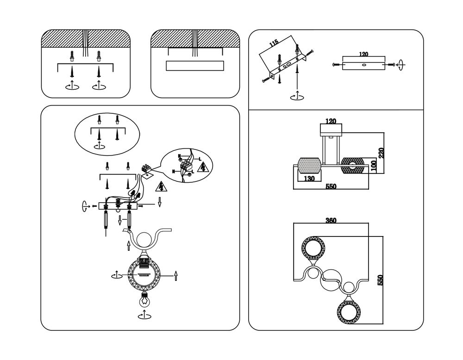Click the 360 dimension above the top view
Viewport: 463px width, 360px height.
(x=331, y=220)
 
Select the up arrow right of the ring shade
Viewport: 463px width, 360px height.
(x=175, y=276)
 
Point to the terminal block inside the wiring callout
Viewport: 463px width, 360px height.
(x=187, y=165)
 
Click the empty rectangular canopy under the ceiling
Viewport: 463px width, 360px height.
(x=194, y=66)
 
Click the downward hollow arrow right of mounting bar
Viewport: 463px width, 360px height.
(x=159, y=202)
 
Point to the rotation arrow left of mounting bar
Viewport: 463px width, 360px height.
(x=84, y=206)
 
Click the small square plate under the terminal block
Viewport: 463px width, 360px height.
(x=147, y=175)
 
